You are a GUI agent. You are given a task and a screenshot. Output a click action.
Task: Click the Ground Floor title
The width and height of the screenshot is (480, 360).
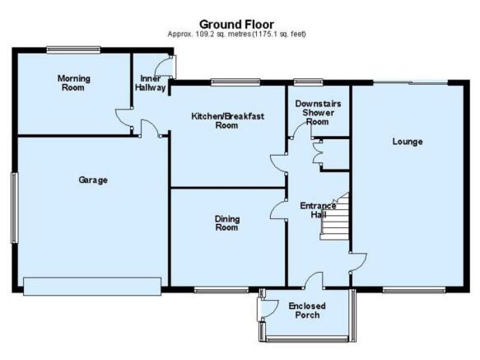coord(236,24)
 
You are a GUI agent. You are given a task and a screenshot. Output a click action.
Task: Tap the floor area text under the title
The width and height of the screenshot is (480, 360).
coord(236,34)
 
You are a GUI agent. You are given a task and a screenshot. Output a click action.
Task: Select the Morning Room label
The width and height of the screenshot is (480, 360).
coord(74,83)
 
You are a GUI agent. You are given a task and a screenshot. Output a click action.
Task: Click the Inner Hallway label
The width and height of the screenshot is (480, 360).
coord(150,83)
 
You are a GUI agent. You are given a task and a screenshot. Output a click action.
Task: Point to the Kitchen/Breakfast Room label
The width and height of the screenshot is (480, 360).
coord(227,121)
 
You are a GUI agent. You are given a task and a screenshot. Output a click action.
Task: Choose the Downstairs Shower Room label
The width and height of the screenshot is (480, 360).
coord(318,112)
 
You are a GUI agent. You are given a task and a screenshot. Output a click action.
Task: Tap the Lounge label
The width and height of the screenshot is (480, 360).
coord(408,142)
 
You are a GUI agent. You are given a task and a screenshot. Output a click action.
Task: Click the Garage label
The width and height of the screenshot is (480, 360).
coord(93,180)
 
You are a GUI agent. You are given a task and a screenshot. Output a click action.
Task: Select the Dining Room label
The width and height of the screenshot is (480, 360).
coord(227,223)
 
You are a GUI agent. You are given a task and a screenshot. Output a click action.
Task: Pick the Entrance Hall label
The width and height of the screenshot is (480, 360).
coord(318,210)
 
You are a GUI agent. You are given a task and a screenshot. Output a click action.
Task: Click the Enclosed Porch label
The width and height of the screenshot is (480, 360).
coord(307,310)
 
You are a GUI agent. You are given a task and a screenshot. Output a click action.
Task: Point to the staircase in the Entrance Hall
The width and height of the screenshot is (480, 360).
coord(334,217)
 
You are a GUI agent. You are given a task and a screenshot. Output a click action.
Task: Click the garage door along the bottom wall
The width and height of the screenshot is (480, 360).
coord(92,287)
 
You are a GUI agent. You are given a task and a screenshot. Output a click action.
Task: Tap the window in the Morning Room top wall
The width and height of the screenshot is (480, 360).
coord(73,50)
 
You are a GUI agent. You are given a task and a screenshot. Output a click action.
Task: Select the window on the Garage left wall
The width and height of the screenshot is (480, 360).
coord(14,208)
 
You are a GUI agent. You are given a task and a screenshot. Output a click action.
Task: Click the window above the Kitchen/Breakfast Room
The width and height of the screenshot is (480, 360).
coord(235,82)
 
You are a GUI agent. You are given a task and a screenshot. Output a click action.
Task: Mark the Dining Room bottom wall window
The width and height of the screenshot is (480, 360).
coord(221,290)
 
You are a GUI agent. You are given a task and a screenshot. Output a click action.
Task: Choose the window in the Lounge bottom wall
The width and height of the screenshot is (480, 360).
coord(414,290)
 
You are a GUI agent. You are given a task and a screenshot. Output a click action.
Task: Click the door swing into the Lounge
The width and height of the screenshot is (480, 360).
coord(358,262)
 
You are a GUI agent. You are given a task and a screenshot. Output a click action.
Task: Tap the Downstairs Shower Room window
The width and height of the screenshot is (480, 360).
coord(308,82)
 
